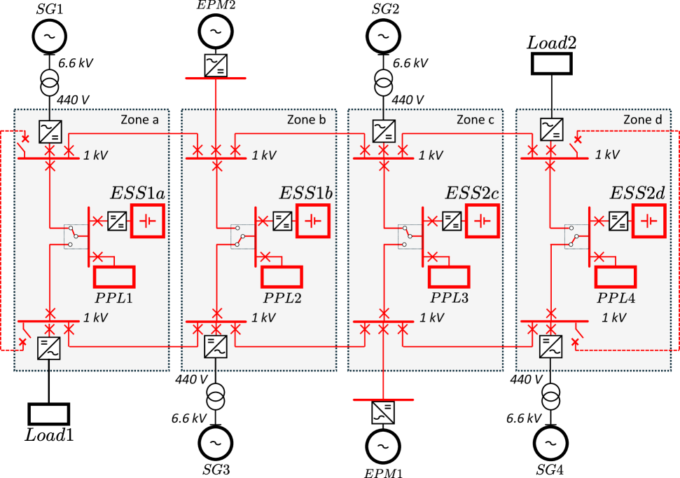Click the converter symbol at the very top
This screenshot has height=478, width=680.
point(216,65)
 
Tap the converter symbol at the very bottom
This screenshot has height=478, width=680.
point(383,412)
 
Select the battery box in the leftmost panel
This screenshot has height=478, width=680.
point(148,221)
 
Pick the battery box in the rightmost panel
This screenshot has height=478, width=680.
point(648,221)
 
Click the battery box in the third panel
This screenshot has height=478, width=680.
point(483,221)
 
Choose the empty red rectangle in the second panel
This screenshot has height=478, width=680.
point(282,277)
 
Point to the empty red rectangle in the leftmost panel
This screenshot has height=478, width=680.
point(114,277)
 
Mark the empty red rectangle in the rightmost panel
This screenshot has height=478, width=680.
point(616,277)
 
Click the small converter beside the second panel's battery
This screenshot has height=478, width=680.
point(282,221)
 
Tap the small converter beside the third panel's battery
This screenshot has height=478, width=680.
point(452,221)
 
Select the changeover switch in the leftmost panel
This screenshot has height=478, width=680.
point(73,236)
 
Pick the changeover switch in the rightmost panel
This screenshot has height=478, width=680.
point(573,236)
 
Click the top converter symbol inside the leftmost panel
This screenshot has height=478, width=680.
point(50,131)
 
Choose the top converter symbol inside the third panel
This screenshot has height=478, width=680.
point(384,131)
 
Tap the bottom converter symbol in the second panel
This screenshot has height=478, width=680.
point(216,346)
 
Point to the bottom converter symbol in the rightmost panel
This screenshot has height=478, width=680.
point(550,346)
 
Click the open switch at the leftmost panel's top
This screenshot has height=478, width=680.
point(23,146)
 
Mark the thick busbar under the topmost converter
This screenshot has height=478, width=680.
point(216,78)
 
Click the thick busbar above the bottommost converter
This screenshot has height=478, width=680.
point(383,400)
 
